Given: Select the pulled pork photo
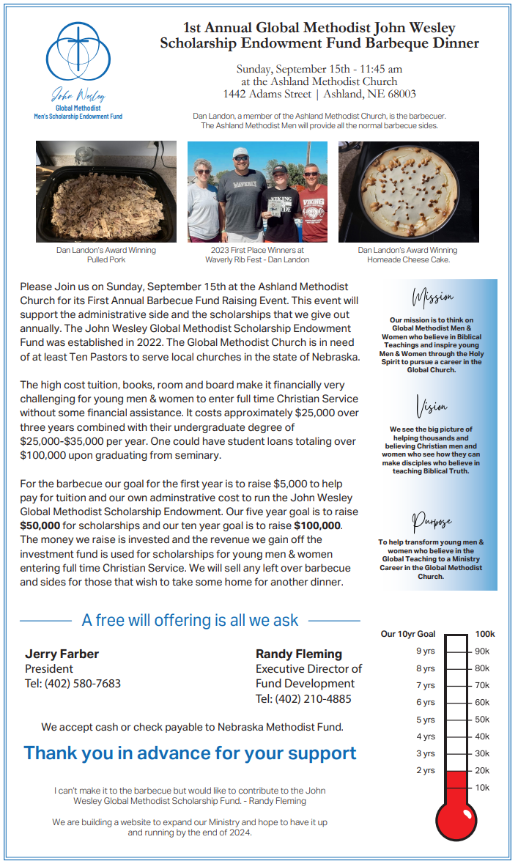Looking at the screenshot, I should click(106, 191).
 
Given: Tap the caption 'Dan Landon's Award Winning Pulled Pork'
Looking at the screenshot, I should click(106, 255).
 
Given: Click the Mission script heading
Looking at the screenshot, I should click(434, 298).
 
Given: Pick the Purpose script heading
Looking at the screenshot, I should click(432, 522).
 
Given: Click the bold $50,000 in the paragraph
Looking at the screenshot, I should click(40, 525).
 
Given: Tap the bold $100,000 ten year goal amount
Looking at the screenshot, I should click(317, 525).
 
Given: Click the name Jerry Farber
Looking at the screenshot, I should click(62, 654).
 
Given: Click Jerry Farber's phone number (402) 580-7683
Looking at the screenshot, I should click(73, 683).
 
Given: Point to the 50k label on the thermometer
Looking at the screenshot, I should click(482, 720).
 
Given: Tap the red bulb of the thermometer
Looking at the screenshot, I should click(456, 816).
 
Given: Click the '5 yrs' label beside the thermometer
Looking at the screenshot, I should click(426, 720).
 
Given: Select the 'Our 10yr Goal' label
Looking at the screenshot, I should click(408, 634).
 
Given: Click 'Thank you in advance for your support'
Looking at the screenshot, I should click(190, 753).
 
